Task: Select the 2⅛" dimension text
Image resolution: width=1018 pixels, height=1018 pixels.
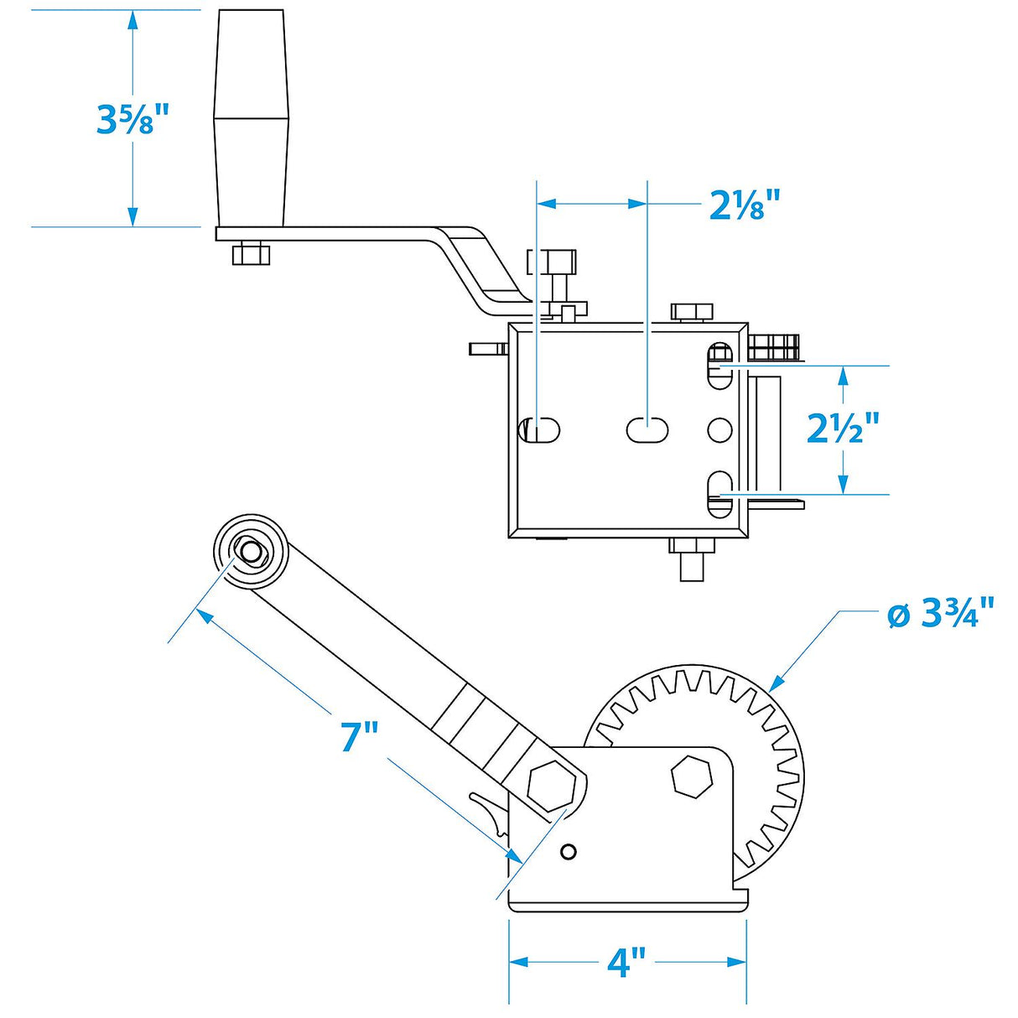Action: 745,205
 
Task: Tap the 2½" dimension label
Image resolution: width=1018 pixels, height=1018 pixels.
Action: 843,428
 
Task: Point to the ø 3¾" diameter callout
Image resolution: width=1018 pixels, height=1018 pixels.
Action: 940,614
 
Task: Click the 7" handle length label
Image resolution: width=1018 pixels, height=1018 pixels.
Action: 360,735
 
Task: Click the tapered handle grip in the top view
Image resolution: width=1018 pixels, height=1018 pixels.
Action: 251,118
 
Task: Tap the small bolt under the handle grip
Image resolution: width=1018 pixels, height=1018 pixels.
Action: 251,253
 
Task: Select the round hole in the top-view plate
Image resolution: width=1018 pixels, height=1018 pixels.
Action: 719,430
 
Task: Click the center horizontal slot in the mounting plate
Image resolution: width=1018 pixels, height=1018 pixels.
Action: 647,430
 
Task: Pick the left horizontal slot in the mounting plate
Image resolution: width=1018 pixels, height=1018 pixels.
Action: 540,430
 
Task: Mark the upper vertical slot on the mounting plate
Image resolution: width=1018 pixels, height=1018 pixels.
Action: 719,366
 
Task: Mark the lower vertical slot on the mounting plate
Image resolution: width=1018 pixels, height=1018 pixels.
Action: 719,495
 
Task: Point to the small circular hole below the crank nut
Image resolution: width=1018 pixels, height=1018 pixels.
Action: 568,852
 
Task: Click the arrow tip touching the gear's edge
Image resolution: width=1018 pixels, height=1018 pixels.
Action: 772,688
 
